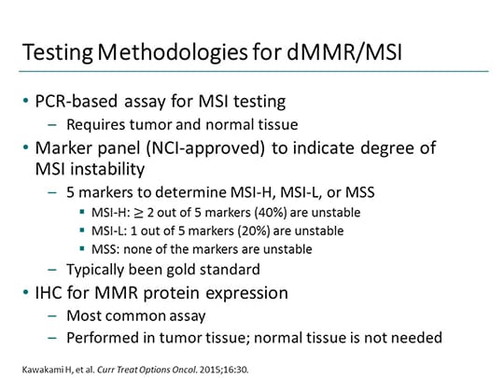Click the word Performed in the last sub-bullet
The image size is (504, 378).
tap(98, 338)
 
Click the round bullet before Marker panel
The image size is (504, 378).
tap(28, 144)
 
